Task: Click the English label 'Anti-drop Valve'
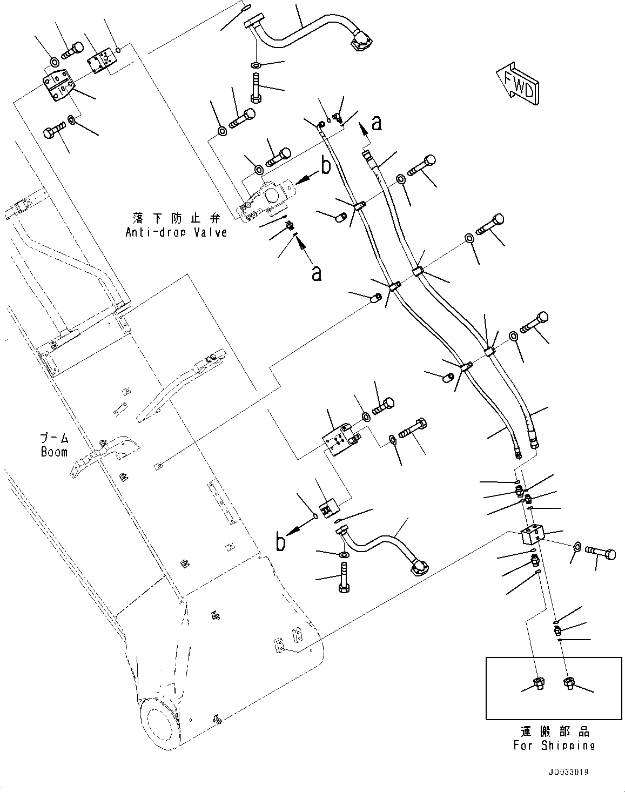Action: [x=176, y=232]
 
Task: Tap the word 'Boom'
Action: [x=55, y=452]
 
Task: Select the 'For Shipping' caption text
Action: [x=554, y=745]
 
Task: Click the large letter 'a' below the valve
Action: [x=317, y=273]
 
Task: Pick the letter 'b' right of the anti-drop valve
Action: [x=325, y=165]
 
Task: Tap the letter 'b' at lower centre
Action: [x=280, y=542]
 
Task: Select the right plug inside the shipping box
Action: [x=569, y=683]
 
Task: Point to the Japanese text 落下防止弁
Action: [x=176, y=218]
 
